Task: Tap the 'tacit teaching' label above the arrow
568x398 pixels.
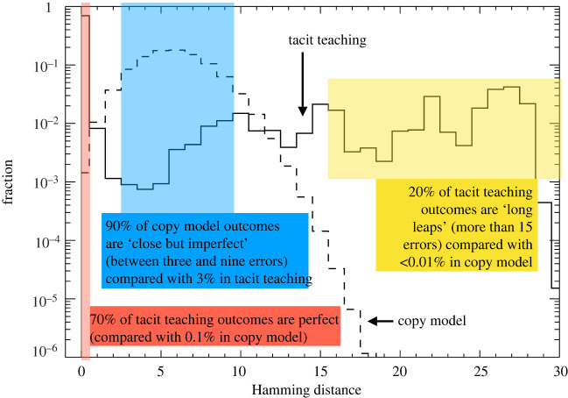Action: (x=326, y=41)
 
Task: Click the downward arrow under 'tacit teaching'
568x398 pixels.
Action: (x=302, y=88)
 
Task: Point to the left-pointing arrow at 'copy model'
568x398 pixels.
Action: (x=379, y=322)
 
